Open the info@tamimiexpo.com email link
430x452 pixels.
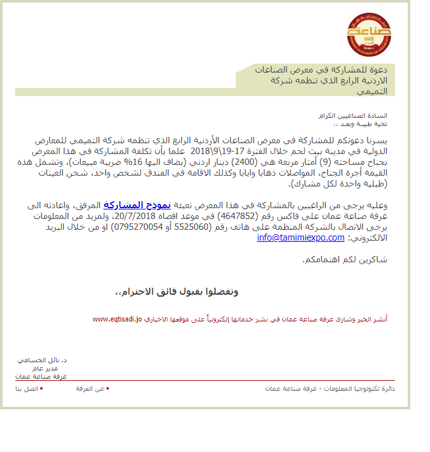click(301, 237)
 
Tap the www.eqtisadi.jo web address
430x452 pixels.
click(117, 318)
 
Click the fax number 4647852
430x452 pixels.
click(240, 216)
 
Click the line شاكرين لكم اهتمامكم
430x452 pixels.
click(352, 260)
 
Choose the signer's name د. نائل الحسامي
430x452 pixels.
click(43, 360)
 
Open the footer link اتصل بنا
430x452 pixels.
click(27, 388)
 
